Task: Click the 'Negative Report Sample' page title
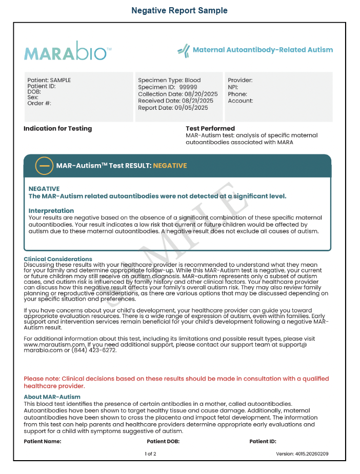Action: coord(179,10)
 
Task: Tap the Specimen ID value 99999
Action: coord(188,87)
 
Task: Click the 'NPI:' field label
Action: coord(233,87)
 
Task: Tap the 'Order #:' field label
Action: coord(39,104)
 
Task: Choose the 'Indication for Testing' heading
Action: coord(57,128)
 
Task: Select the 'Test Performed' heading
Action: coord(210,128)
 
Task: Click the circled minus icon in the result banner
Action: coord(44,166)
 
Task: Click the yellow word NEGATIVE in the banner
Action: coord(170,166)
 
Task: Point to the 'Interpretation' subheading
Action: coord(51,210)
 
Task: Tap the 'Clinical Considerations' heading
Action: coord(58,259)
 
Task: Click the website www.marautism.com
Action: coord(48,345)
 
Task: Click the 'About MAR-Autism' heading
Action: coord(52,397)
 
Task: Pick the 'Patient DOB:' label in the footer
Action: coord(163,441)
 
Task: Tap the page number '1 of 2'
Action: coord(151,454)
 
